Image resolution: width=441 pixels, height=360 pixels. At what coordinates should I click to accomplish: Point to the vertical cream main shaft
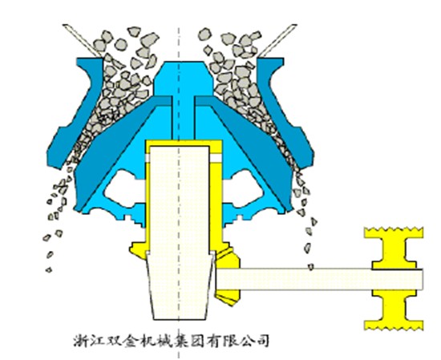(x=180, y=231)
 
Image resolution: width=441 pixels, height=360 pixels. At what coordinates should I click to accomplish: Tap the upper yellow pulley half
(x=394, y=249)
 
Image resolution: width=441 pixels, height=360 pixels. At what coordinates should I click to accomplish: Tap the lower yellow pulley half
(x=394, y=310)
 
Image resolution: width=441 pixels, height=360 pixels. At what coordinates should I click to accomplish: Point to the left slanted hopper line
(x=83, y=40)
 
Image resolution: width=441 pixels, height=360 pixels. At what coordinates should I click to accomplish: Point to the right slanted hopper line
(x=278, y=40)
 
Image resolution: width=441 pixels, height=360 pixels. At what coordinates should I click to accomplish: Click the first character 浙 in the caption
(x=80, y=341)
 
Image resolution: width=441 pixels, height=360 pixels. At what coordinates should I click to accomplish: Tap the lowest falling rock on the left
(x=49, y=270)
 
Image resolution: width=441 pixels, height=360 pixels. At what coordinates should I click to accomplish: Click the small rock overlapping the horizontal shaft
(x=311, y=267)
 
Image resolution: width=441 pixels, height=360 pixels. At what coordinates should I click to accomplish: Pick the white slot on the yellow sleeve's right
(x=216, y=158)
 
